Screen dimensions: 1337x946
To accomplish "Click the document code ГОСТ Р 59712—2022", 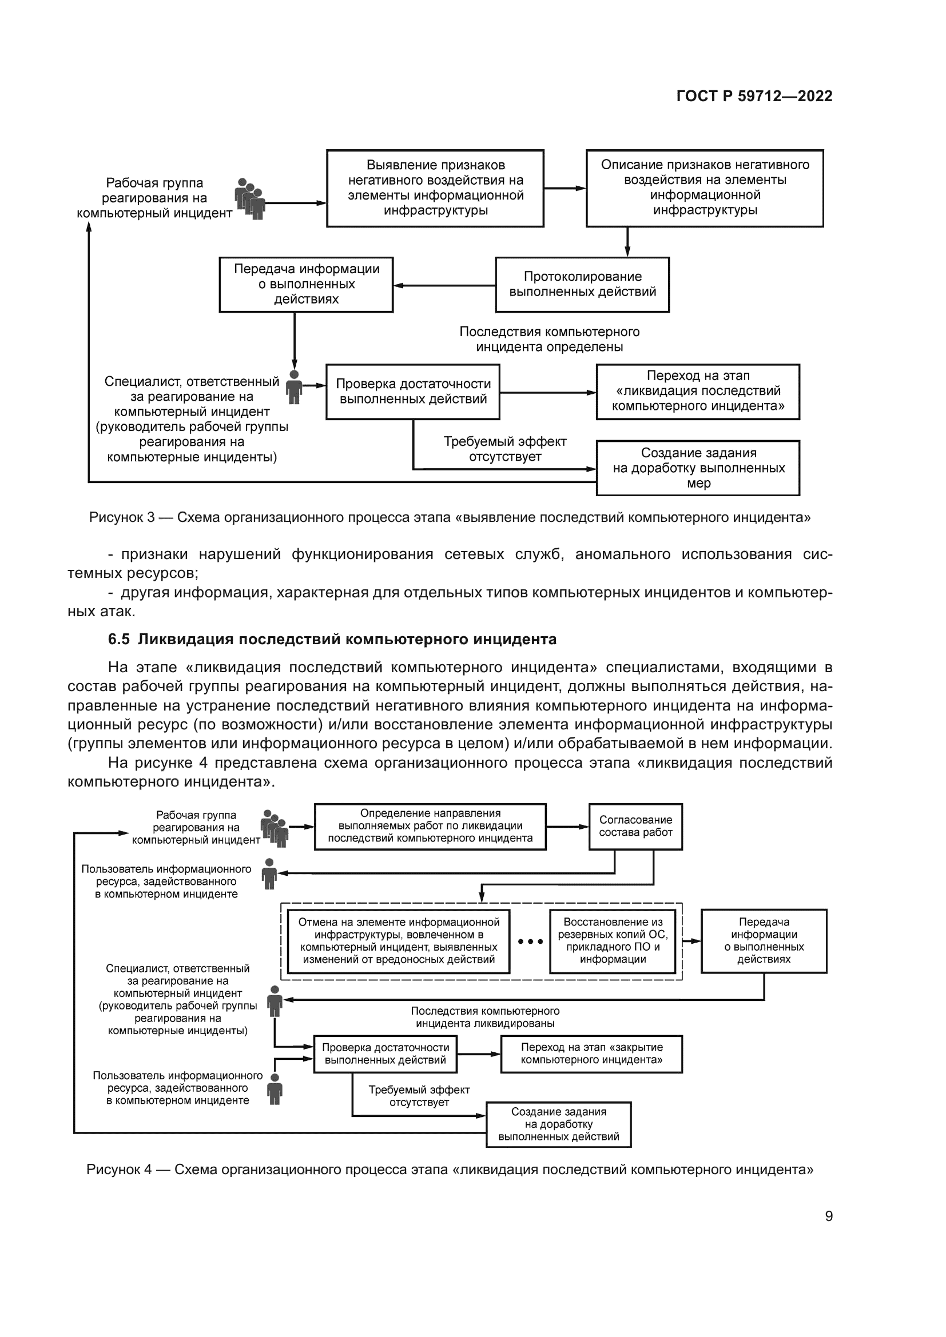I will (x=754, y=96).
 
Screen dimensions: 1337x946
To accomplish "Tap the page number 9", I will (x=828, y=1216).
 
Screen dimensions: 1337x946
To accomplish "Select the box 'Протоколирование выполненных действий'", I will (x=582, y=285).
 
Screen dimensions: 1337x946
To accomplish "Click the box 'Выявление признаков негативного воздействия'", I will (x=435, y=188).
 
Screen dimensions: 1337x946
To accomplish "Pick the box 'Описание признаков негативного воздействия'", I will (x=704, y=188).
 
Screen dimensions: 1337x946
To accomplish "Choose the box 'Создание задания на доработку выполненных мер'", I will (x=698, y=468).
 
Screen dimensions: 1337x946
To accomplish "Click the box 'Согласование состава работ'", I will (x=635, y=827).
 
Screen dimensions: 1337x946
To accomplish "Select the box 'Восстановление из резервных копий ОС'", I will (x=612, y=940).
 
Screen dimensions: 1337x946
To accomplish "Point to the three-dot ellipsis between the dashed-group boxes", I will (x=530, y=941).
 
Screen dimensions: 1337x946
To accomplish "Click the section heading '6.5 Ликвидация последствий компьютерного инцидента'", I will (x=332, y=640).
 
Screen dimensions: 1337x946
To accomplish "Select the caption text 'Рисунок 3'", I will (x=122, y=517).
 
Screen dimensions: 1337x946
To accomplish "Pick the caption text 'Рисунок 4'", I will (x=119, y=1170).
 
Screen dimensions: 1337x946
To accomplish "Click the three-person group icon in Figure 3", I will (x=250, y=198).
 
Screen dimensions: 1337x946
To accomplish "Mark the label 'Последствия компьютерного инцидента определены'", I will (x=549, y=340).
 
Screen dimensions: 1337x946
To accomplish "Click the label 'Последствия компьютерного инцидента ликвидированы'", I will (x=484, y=1017).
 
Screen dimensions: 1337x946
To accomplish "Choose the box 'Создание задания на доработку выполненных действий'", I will (x=558, y=1124).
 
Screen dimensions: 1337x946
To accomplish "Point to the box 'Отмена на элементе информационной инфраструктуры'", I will (x=399, y=940).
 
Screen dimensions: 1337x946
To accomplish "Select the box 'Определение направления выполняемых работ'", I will (x=430, y=827).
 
